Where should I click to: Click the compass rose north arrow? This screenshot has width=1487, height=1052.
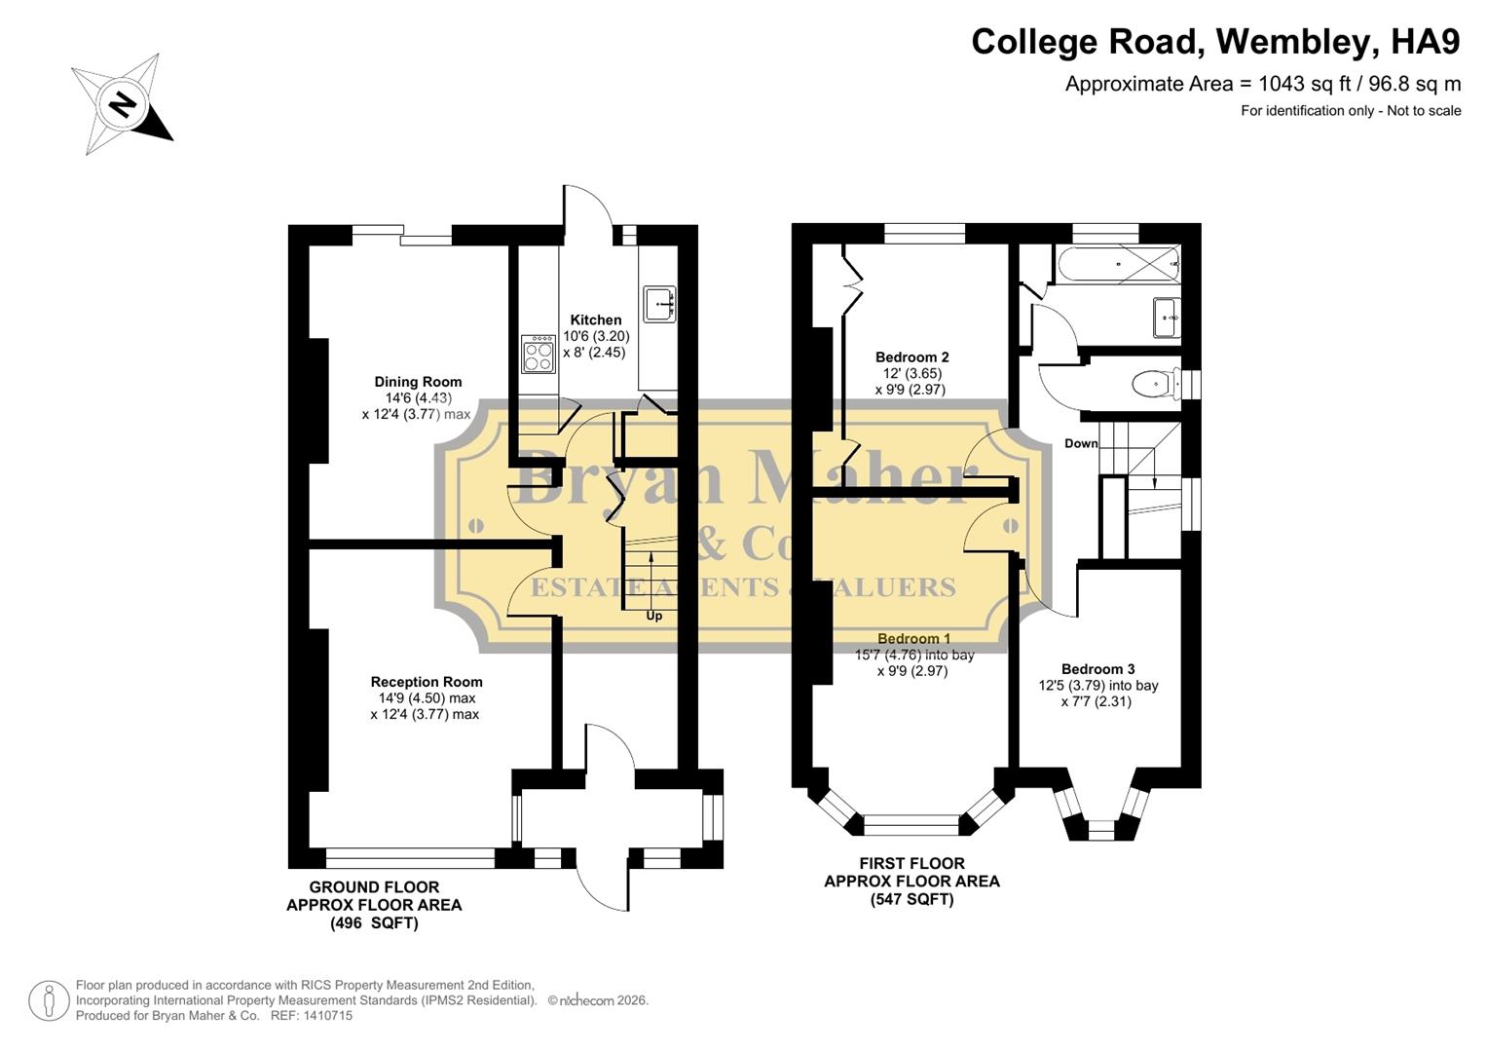coord(122,104)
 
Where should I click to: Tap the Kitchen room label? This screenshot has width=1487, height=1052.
coord(595,319)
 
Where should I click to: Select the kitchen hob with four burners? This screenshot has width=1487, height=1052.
coord(538,353)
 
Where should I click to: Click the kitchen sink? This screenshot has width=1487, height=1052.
coord(659,303)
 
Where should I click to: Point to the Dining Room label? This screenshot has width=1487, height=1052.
coord(418,382)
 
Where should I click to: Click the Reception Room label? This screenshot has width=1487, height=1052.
coord(427,682)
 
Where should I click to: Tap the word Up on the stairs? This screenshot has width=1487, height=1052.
coord(654,616)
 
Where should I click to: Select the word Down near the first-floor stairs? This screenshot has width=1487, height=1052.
coord(1081,443)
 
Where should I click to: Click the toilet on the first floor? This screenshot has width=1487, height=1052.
coord(1156,384)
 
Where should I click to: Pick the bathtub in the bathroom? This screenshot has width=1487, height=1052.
coord(1117,263)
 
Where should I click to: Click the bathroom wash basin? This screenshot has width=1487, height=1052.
coord(1167,318)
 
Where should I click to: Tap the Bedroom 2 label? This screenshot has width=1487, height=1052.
coord(911,357)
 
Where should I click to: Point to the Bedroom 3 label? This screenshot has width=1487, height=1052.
coord(1097,669)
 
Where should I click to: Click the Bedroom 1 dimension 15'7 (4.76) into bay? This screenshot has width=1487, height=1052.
coord(914,655)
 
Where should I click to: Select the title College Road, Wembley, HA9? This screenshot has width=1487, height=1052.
coord(1215,42)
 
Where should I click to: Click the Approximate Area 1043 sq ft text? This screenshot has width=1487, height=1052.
coord(1262,84)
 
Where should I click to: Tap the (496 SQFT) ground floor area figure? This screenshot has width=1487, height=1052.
coord(374,922)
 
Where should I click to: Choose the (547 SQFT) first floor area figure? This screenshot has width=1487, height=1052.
coord(911,899)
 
